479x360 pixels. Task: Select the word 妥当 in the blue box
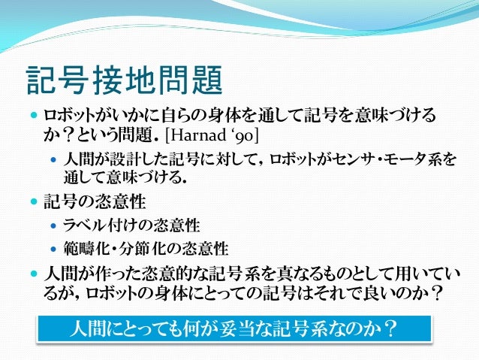[247, 330]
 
